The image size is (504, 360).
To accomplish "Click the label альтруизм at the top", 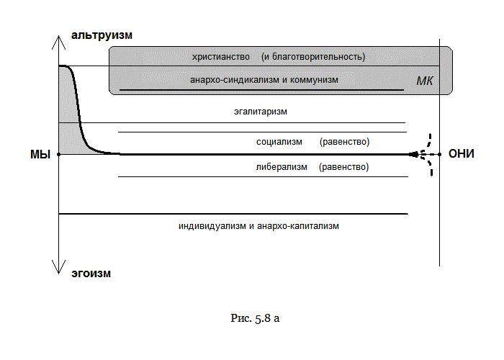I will pos(102,35).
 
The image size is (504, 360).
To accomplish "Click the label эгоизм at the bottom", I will pos(91,274).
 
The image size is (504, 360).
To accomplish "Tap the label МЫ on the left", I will pos(39,155).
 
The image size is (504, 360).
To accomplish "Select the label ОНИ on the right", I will pos(462,154).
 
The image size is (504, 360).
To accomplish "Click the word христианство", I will pos(221,56).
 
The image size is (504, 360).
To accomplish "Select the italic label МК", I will pos(425,81).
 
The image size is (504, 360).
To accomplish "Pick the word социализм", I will pos(279,142).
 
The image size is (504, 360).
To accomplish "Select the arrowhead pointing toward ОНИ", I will pos(416,154).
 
